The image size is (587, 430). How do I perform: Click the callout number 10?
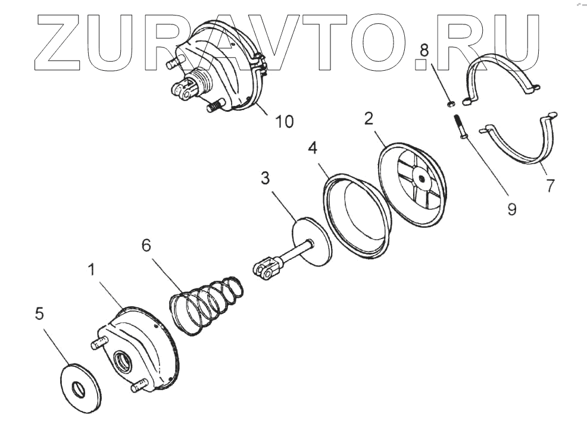pos(284,121)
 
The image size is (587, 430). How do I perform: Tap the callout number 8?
pos(423,51)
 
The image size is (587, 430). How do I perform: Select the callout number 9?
pos(511,209)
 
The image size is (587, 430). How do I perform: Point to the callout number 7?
pos(550,185)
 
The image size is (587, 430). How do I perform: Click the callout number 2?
pos(369,118)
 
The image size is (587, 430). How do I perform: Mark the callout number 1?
pos(92,271)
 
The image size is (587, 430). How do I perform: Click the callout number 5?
pos(39,314)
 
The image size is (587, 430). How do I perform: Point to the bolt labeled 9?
pos(461,127)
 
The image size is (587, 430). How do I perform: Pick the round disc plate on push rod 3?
pos(312,240)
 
